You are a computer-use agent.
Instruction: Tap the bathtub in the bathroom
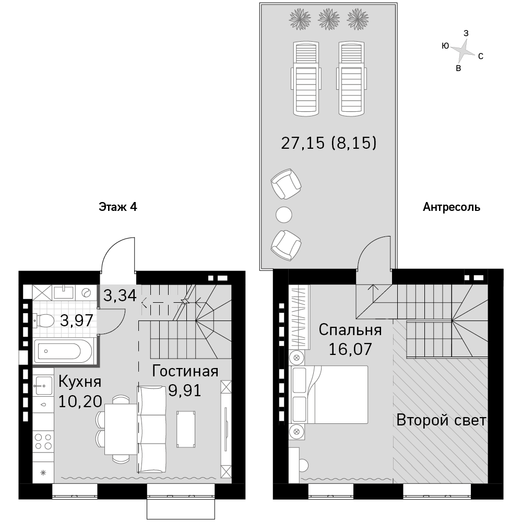pos(63,351)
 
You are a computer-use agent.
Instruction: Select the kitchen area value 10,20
pos(80,401)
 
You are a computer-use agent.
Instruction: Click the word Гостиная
pos(185,371)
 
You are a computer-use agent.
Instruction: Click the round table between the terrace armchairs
pos(284,215)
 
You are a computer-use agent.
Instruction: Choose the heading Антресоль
pos(452,207)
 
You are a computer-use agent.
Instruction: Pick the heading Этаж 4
pos(118,207)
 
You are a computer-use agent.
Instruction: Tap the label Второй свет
pos(442,420)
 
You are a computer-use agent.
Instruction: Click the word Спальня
pos(350,330)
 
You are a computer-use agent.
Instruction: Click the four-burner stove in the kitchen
pos(43,442)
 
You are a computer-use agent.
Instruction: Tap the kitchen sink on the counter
pos(43,386)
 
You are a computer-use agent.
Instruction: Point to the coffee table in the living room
pos(186,430)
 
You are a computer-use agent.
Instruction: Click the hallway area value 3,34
pos(120,295)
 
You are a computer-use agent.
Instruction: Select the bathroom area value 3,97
pos(77,321)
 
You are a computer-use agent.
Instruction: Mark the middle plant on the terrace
pos(328,19)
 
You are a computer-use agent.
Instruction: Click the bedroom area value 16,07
pos(350,349)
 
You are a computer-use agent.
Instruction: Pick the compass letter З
pos(466,33)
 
